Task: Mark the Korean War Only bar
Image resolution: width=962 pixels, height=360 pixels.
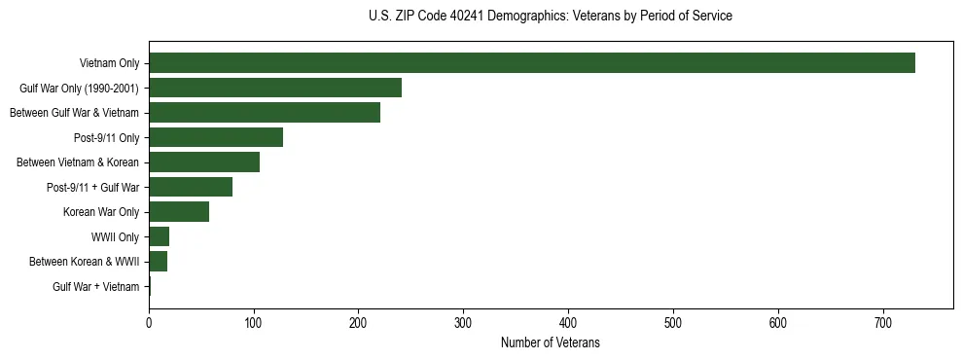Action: coord(179,212)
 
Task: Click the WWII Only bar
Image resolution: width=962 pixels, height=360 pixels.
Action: coord(160,236)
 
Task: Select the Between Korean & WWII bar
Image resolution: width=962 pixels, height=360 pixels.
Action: coord(159,262)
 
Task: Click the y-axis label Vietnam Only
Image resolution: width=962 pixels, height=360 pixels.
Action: coord(109,63)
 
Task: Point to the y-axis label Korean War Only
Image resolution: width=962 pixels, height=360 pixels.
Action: coord(101,212)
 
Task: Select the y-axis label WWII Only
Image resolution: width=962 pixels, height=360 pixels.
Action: coord(115,236)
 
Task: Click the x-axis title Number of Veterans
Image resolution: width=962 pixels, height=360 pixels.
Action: coord(551,343)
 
